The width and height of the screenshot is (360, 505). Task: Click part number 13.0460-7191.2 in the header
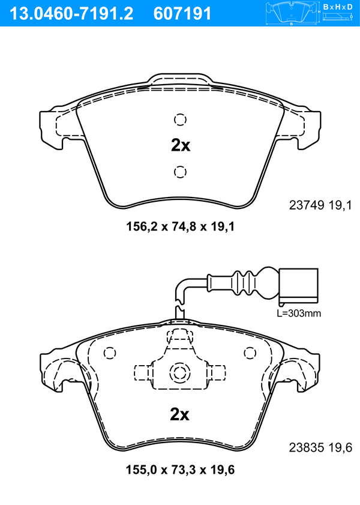(x=71, y=14)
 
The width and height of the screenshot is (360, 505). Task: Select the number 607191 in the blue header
(x=182, y=14)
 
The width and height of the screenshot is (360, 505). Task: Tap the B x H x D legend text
(x=338, y=7)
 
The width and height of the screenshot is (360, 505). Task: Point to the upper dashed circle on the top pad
(x=180, y=119)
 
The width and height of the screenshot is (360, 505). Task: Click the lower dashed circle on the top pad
(x=180, y=172)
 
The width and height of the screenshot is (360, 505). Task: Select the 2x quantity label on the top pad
(x=181, y=145)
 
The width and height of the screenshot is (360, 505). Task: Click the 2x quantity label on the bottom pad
(x=179, y=414)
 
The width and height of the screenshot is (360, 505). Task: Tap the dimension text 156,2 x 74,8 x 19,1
(x=180, y=226)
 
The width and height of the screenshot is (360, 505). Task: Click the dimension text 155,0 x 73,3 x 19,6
(x=180, y=470)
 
